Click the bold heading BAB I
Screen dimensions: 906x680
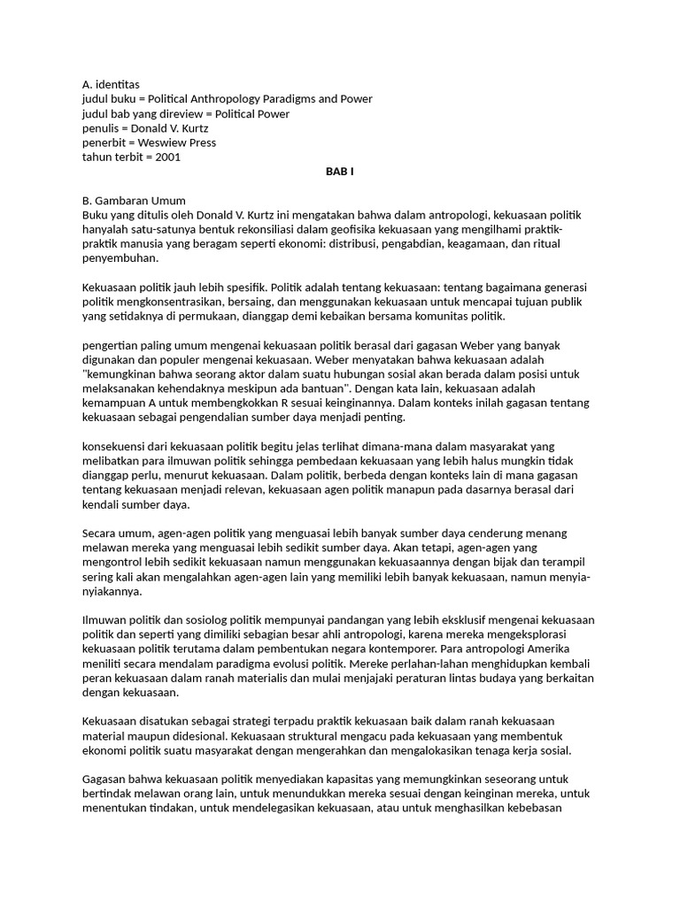pos(340,171)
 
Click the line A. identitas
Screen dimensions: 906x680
pos(111,84)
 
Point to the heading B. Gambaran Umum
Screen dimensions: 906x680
pos(134,200)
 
